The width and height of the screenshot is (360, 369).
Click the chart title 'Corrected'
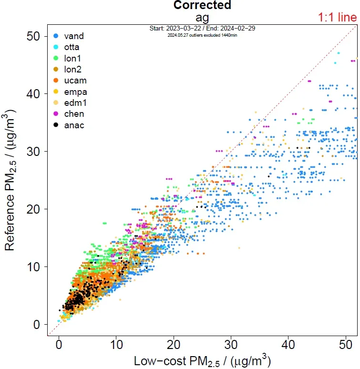pos(202,5)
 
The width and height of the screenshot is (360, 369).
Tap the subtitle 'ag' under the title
pos(202,18)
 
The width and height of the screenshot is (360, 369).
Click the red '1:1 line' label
pos(337,18)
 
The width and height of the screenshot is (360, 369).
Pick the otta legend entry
pos(72,47)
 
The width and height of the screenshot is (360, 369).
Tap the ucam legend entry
pos(75,81)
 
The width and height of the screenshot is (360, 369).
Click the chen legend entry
pos(74,114)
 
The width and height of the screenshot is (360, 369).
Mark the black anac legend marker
pos(56,125)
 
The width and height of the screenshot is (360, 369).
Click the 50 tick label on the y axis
pos(33,36)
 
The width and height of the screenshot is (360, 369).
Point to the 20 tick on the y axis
pos(33,209)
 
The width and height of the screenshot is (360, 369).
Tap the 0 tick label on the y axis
pos(37,325)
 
